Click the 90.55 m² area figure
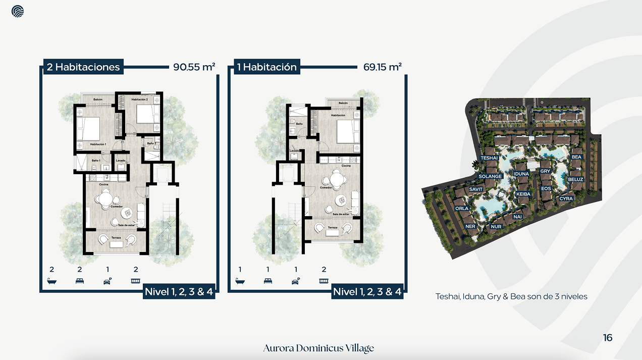click(194, 67)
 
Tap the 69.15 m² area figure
click(382, 67)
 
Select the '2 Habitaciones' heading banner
click(83, 67)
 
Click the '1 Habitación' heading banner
click(267, 67)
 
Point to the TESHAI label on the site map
click(489, 158)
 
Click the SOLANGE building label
click(490, 176)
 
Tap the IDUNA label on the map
click(521, 174)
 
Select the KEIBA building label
click(523, 194)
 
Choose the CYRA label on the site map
click(566, 198)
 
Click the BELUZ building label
click(575, 179)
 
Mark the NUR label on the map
click(496, 227)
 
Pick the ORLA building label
click(462, 208)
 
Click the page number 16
click(608, 338)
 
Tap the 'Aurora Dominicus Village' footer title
click(318, 348)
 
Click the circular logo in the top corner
click(18, 11)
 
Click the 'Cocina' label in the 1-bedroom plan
click(346, 166)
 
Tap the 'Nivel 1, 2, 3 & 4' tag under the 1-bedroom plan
click(367, 291)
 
